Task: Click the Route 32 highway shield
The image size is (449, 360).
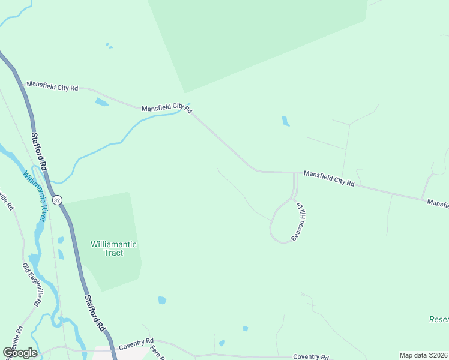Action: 57,200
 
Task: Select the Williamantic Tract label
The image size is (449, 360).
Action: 113,248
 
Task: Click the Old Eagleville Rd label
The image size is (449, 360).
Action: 31,285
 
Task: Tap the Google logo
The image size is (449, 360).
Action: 20,353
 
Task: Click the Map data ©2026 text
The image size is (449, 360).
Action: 424,355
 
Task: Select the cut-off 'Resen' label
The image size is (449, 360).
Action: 439,320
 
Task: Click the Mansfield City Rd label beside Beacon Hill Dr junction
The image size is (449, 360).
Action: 329,178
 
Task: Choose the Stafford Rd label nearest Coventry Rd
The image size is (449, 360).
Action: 95,313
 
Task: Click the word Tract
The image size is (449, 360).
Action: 113,253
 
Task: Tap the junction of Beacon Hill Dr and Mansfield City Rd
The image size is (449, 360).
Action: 295,173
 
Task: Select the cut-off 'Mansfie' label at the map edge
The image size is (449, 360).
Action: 438,204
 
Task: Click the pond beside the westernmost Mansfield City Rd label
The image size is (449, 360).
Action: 101,102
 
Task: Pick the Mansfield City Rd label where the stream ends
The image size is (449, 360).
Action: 166,109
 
